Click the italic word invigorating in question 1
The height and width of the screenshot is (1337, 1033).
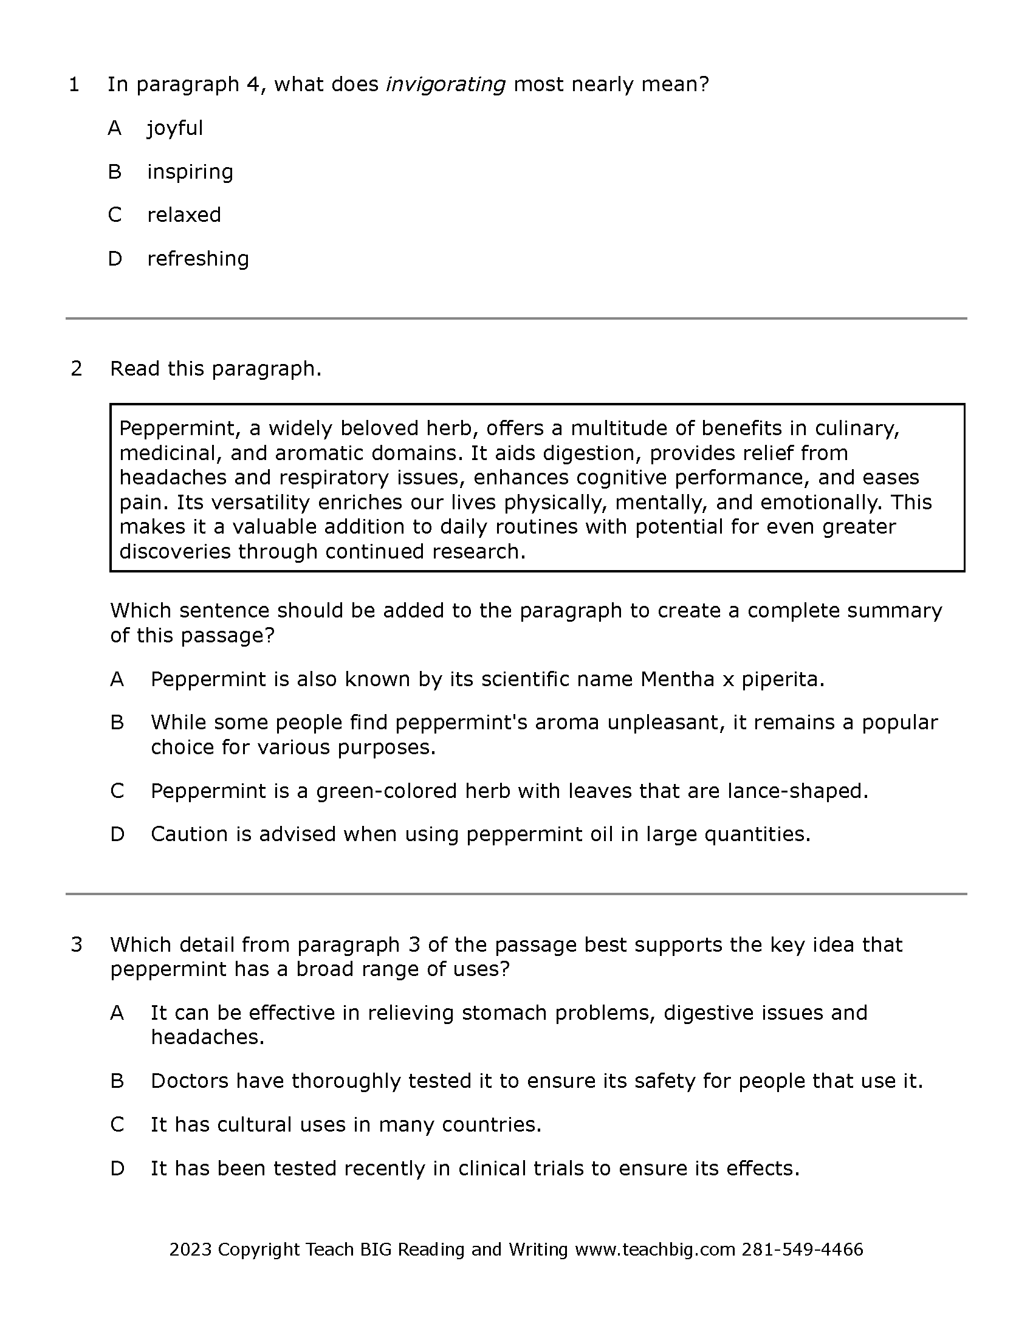(445, 84)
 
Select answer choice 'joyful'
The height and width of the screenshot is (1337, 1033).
(174, 128)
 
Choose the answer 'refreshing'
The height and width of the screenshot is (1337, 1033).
(197, 259)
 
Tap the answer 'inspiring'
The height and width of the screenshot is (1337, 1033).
(190, 172)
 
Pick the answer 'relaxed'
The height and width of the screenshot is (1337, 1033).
(184, 215)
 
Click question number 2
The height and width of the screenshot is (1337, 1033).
(77, 369)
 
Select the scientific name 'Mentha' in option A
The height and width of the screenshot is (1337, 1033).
(677, 679)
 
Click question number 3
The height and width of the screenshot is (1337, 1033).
(77, 944)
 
